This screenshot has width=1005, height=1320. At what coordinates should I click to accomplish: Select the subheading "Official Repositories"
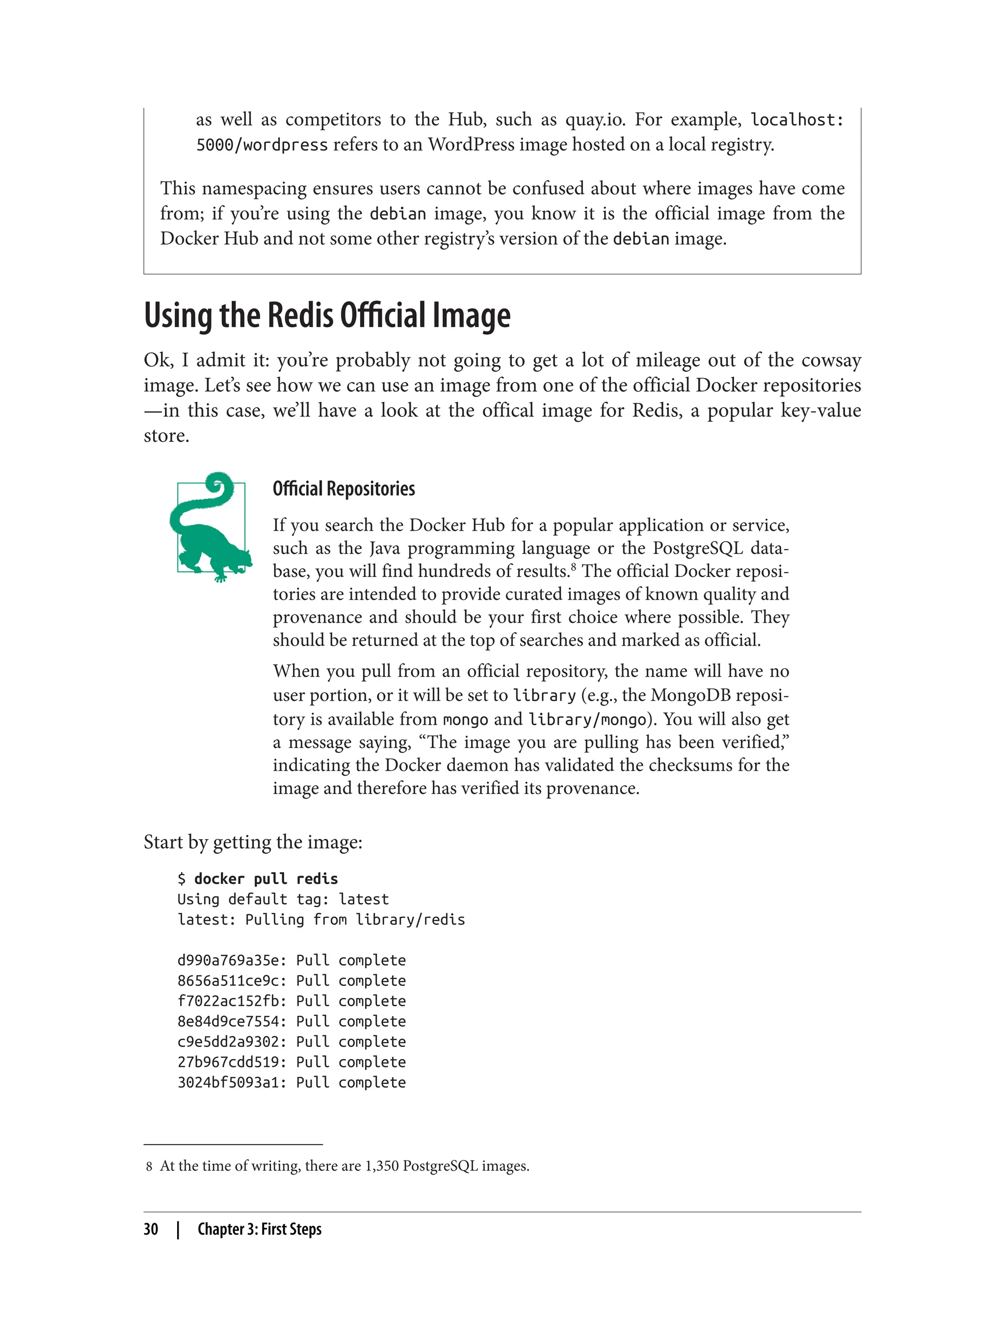[x=344, y=489]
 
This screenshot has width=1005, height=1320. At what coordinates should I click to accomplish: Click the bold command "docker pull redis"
[x=265, y=879]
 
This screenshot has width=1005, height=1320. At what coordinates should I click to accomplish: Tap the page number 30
[x=151, y=1230]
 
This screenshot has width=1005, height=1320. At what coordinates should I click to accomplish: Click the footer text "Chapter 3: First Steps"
[x=260, y=1230]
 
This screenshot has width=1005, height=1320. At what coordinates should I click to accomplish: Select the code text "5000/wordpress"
[x=262, y=145]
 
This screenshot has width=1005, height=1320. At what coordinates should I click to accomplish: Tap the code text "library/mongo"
[x=587, y=719]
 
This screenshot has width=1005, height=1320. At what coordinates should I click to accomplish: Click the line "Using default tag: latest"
[x=283, y=899]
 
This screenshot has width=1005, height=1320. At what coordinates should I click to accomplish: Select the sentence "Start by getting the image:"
[x=253, y=842]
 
